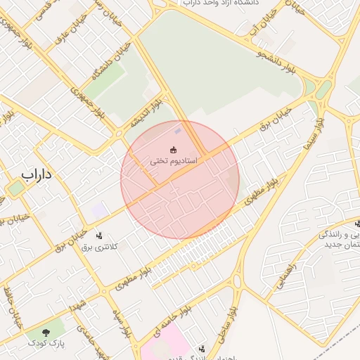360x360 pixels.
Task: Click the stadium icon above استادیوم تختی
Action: point(174,148)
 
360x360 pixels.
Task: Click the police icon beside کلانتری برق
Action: point(98,236)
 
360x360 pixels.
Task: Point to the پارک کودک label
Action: point(46,343)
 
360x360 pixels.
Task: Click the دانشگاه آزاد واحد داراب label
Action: point(219,4)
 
